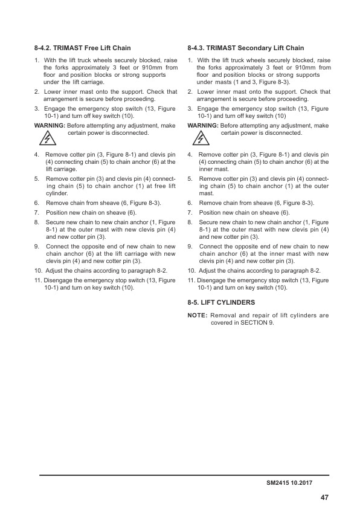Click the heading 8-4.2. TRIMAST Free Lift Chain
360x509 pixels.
coord(83,48)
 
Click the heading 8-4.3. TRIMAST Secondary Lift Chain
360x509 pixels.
coord(246,48)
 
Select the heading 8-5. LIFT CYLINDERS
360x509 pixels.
coord(221,302)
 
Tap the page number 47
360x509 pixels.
coord(324,498)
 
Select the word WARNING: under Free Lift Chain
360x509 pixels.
coord(50,126)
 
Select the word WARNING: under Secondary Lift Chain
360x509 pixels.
coord(203,126)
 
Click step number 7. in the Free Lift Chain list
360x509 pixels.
coord(37,213)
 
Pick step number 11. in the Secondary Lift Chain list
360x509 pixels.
coord(191,280)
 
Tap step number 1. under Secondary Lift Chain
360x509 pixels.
coord(191,60)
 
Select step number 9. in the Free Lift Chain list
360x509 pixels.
coord(37,247)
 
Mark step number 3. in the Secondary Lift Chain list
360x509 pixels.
coord(191,109)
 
